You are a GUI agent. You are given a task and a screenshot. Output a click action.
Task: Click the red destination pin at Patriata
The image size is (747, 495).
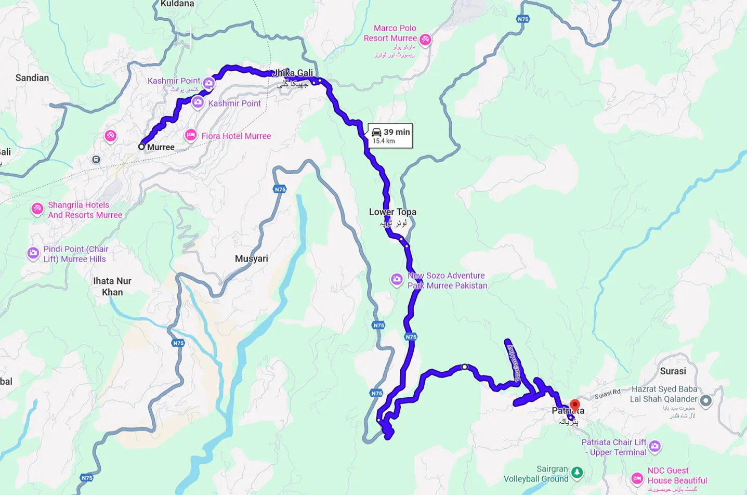point(574,405)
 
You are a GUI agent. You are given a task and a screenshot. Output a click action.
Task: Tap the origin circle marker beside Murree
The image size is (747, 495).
point(141,147)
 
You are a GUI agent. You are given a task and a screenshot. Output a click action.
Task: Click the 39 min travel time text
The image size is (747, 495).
point(397,132)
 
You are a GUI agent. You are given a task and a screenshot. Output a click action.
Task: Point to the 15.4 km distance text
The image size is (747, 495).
point(384,141)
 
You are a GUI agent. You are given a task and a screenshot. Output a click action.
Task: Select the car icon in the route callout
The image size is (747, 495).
point(377,132)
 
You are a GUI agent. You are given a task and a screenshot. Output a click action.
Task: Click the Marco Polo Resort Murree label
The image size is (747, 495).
point(390,33)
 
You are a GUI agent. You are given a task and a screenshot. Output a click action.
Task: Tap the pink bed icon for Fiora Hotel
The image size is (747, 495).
point(191,135)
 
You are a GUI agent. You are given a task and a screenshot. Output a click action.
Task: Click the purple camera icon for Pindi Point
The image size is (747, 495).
point(33,253)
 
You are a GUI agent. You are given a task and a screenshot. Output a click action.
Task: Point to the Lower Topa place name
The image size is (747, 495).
point(392,212)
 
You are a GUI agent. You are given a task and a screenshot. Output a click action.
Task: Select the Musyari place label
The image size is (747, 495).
point(252,258)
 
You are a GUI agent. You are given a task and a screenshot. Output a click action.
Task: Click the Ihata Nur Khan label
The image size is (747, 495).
point(112,286)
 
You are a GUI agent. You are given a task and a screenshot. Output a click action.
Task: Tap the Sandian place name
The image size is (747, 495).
point(32,78)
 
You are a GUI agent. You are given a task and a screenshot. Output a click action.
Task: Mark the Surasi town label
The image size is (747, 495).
point(673,371)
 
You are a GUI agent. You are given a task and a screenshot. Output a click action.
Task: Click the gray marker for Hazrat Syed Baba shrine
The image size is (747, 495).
point(705,400)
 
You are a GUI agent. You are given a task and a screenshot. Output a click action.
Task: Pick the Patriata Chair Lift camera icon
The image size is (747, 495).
point(655,446)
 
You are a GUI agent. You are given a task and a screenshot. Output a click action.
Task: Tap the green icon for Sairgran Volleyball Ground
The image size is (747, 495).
point(577,473)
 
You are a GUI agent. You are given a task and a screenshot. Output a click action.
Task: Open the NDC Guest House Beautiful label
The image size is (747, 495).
point(677,476)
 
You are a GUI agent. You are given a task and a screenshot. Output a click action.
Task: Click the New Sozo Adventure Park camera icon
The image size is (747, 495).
point(397,280)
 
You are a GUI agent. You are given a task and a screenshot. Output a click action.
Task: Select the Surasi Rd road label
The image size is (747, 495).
point(608,394)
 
